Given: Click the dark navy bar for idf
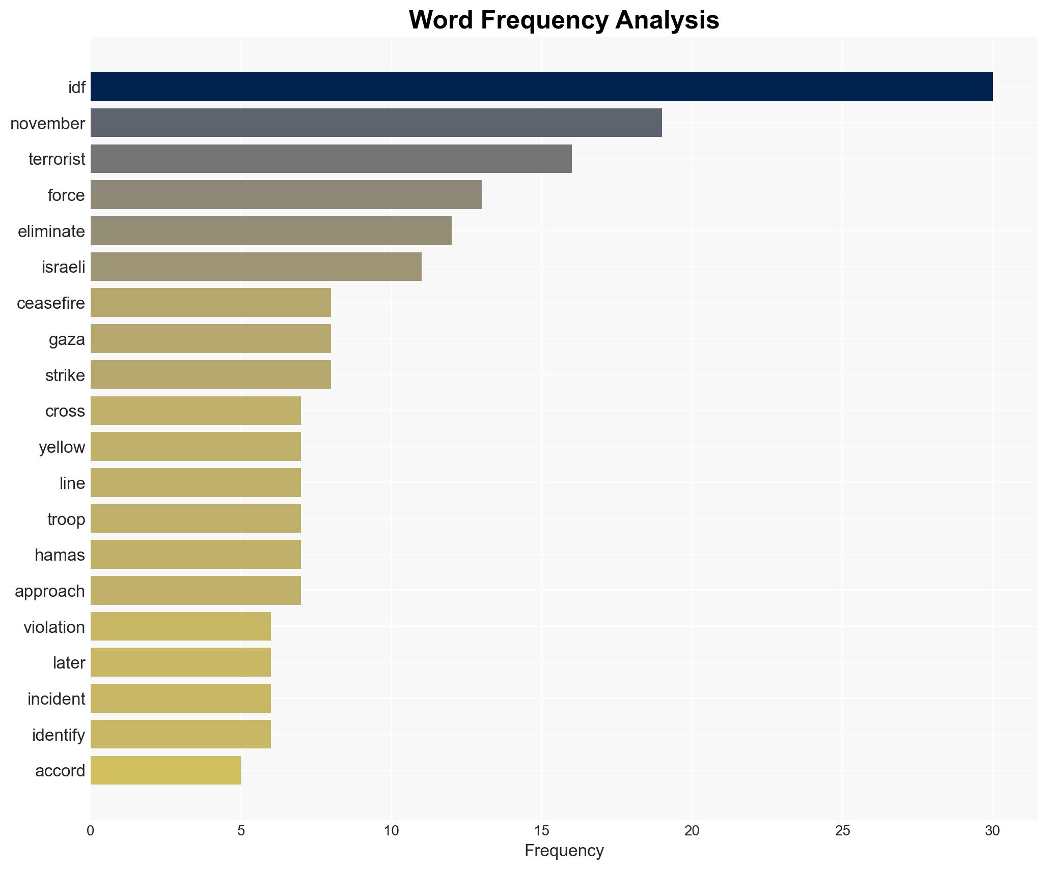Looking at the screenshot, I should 541,87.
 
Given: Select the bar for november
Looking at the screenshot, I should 376,123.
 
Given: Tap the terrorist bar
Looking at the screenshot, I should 331,159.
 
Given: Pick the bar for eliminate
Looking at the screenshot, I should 271,231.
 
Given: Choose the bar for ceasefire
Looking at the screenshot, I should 211,303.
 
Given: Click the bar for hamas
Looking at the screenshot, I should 196,555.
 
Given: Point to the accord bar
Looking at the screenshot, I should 166,770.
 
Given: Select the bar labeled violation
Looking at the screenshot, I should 181,627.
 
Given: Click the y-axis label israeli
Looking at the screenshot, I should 64,267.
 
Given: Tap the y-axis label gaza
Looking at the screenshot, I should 67,339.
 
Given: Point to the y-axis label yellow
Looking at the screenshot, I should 62,447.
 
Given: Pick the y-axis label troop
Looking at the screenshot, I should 66,519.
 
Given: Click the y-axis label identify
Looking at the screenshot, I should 59,735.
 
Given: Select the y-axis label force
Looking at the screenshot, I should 66,195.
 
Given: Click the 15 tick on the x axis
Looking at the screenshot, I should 541,831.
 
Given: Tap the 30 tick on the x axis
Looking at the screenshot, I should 992,831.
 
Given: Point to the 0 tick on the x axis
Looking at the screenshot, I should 91,831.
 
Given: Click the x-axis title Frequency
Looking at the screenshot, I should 564,851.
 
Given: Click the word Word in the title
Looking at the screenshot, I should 440,20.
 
